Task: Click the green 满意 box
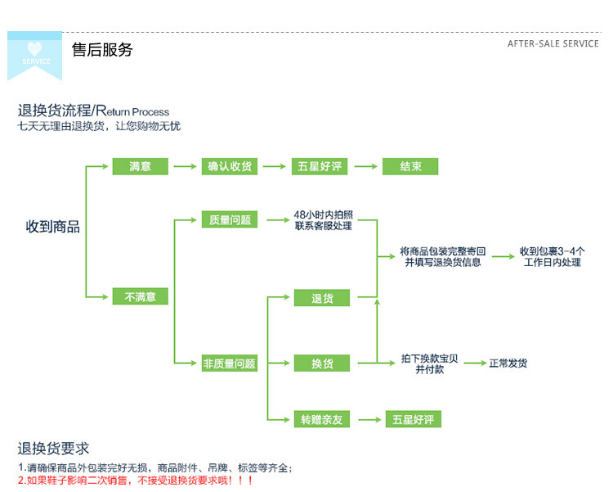pos(141,166)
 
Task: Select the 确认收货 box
pos(230,166)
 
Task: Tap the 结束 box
pos(410,166)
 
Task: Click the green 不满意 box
pos(141,296)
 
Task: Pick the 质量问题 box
pos(230,219)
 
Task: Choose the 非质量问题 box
pos(230,363)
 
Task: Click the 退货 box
pos(322,298)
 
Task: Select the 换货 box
pos(322,363)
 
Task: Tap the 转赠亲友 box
pos(322,419)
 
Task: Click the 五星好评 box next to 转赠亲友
pos(414,419)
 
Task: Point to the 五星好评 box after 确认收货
pos(320,166)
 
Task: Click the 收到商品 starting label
pos(53,227)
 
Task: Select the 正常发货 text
pos(508,363)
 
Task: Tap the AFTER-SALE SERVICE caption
pos(553,44)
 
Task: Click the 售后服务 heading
pos(102,50)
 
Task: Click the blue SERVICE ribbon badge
pos(35,56)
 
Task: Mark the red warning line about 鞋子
pos(136,481)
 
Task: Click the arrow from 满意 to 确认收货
pos(185,166)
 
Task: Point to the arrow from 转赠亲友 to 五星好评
pos(369,419)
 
